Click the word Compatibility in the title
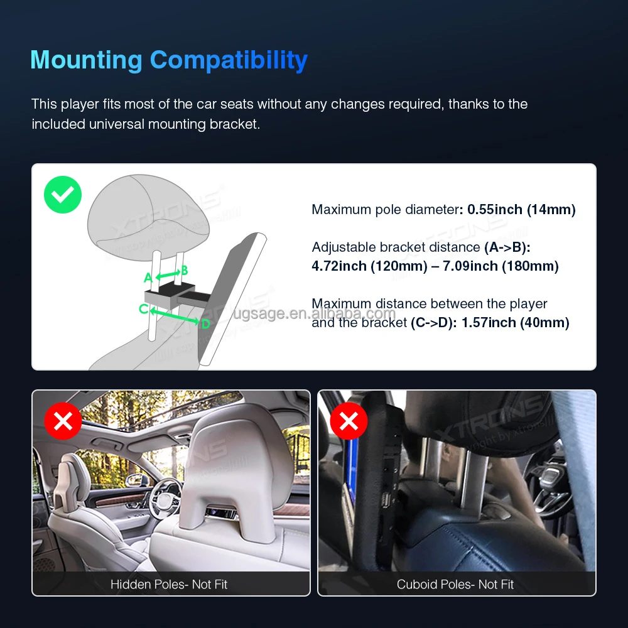229,60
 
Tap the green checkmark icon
63,195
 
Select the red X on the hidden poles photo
63,421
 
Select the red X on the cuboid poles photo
349,421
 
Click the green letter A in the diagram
148,278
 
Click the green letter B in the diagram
184,271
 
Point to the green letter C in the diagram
143,308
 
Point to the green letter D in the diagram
205,324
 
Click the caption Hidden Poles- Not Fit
169,584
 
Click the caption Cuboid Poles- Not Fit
455,584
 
